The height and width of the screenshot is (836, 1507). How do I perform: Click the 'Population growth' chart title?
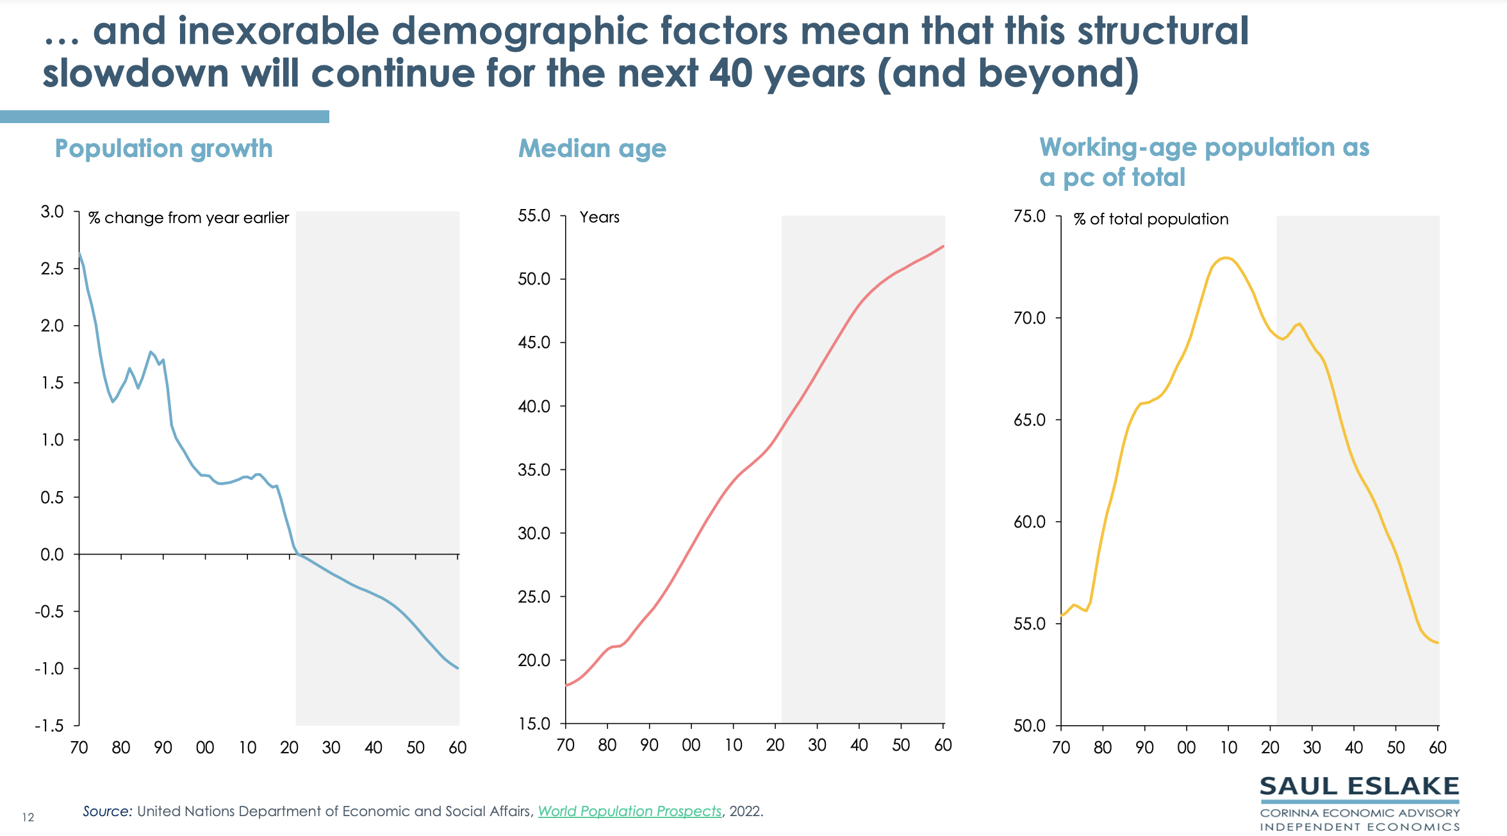tap(163, 149)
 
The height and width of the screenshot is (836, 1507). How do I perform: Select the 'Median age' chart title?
tap(592, 149)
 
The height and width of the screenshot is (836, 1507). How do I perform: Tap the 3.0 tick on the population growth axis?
tap(53, 212)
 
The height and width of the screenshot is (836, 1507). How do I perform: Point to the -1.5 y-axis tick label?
tap(49, 726)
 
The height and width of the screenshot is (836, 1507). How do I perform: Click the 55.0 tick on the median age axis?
tap(534, 215)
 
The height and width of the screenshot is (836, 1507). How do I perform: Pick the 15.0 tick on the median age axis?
tap(534, 724)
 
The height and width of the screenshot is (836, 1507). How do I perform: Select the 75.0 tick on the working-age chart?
tap(1030, 216)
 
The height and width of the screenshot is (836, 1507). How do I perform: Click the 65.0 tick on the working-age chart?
tap(1030, 420)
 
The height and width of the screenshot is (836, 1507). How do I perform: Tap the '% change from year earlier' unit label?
tap(188, 218)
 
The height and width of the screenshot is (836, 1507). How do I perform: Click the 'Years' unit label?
tap(599, 217)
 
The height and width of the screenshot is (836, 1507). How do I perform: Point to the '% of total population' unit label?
tap(1151, 219)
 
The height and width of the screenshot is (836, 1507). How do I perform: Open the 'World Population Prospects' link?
tap(629, 812)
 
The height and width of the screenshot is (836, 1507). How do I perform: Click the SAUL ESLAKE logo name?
tap(1359, 787)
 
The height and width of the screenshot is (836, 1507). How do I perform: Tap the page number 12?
tap(28, 817)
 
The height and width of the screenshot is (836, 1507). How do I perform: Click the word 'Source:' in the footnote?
tap(107, 812)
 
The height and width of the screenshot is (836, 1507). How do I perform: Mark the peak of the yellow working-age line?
tap(1226, 258)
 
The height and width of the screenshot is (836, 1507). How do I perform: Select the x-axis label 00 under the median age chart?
tap(691, 745)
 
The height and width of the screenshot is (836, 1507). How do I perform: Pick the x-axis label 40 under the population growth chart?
tap(373, 748)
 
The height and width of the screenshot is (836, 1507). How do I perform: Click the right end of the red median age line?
tap(943, 246)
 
